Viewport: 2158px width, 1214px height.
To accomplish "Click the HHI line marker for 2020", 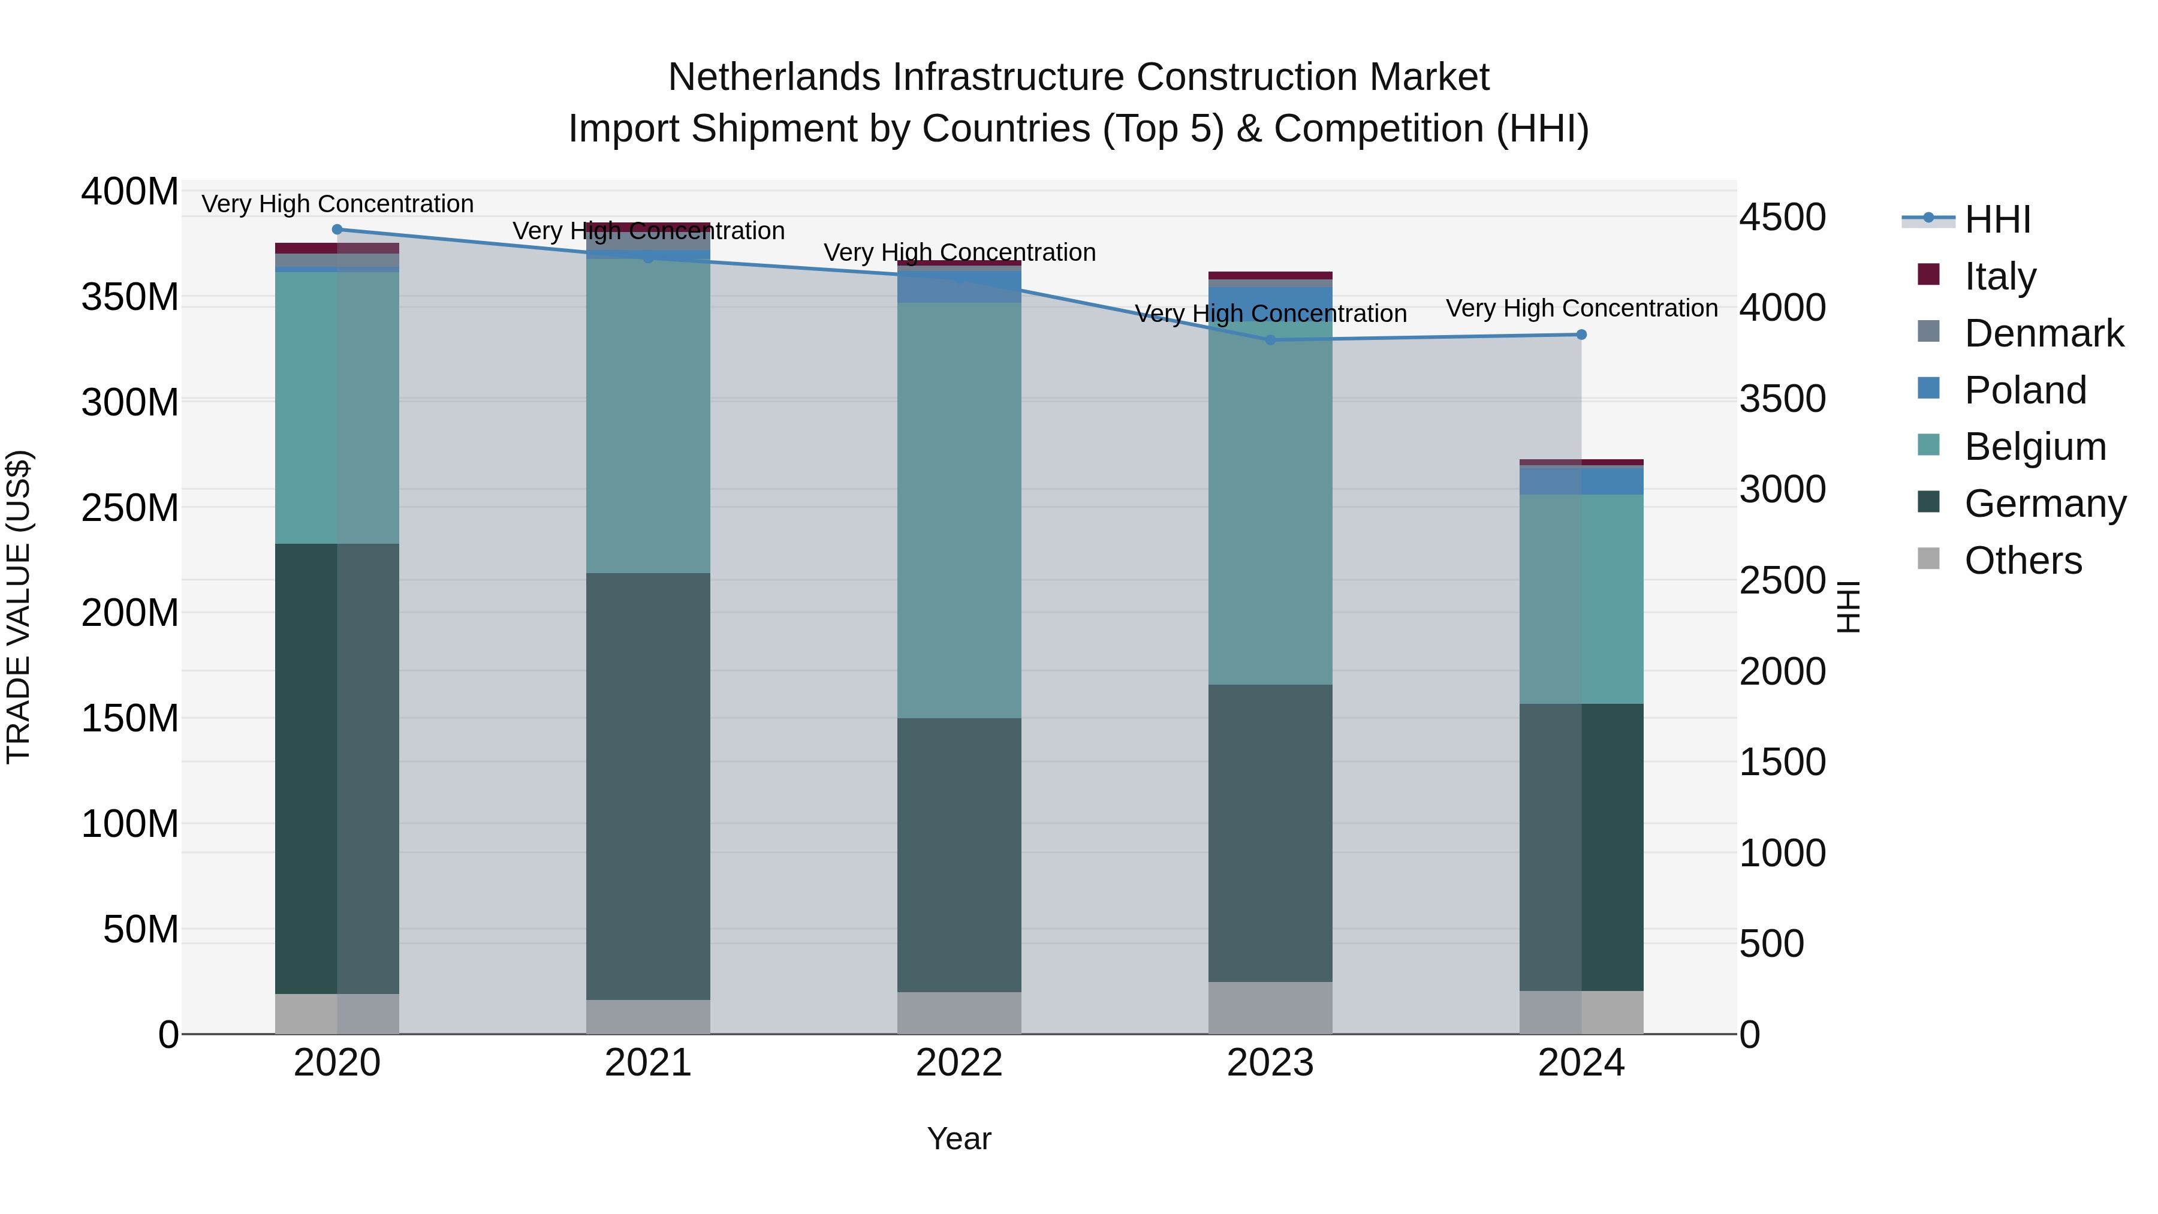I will (337, 230).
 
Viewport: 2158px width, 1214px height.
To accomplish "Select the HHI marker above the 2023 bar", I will (1270, 340).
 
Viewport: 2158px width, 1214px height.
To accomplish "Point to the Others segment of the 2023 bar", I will (1270, 1008).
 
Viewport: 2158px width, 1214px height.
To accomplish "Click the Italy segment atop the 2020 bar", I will (337, 248).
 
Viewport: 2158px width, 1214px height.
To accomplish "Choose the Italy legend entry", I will (2000, 276).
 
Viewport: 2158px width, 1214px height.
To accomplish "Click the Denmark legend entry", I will (2044, 333).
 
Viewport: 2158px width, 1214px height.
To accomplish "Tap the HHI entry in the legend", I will (1997, 219).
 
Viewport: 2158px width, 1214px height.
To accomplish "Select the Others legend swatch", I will (1928, 559).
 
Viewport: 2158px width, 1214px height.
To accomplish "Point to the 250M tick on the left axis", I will (130, 508).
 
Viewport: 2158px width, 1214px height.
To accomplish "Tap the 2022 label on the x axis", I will (959, 1063).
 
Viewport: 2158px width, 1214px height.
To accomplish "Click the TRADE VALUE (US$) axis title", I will (19, 607).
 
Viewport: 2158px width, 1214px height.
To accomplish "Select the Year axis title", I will (959, 1138).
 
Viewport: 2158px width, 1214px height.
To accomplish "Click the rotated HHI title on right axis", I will (1848, 607).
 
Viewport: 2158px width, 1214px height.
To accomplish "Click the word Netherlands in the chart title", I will (773, 77).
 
